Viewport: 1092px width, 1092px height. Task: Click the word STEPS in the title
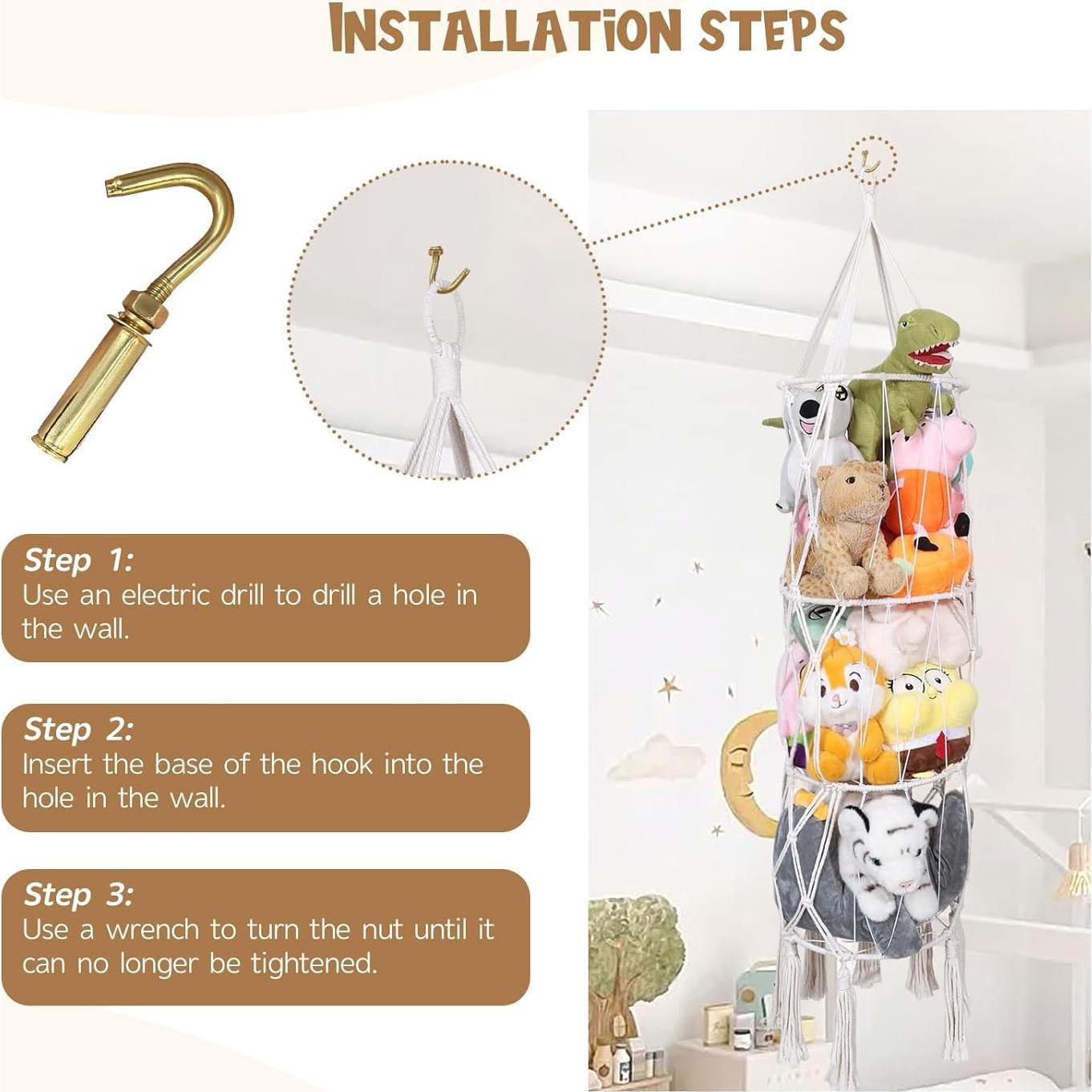click(772, 30)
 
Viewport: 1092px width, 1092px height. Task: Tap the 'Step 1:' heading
click(79, 560)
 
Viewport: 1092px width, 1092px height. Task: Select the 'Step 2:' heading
click(79, 729)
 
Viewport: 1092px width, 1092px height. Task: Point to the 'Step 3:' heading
click(79, 894)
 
